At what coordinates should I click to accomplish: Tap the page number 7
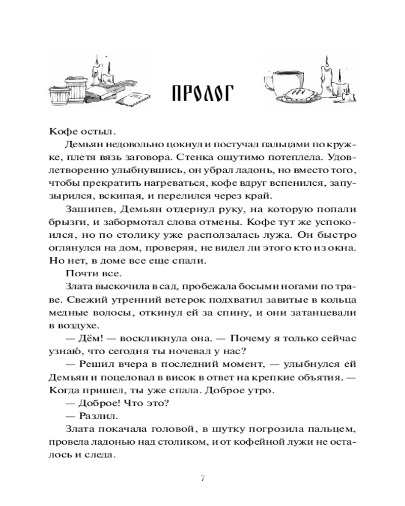202,479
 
